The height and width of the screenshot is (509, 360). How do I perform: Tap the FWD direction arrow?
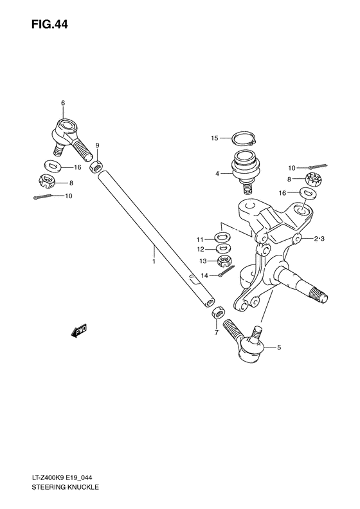click(79, 331)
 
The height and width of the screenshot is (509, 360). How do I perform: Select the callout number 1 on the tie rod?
click(154, 262)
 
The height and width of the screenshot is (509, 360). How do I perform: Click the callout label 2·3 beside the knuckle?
click(321, 239)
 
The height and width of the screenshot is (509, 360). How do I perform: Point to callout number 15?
click(215, 138)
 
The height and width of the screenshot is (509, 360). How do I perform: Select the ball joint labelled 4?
click(244, 170)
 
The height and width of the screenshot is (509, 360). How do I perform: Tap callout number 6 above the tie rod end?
click(63, 103)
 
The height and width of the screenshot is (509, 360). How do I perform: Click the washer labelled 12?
click(223, 248)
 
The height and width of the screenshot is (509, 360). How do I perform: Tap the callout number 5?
click(278, 348)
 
